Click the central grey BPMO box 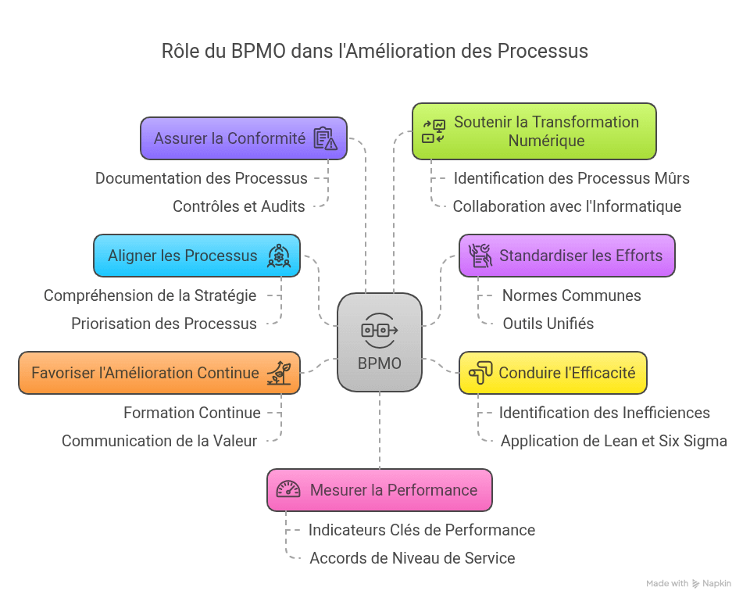379,342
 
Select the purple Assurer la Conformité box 243,138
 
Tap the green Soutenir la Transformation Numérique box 534,131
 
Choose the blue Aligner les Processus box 196,256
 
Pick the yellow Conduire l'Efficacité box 552,373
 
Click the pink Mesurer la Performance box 379,490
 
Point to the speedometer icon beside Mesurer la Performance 288,490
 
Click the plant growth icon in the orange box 279,373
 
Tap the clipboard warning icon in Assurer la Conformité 325,138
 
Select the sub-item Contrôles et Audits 238,206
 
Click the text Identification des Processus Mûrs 571,178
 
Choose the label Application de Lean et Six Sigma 613,441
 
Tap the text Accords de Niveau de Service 412,558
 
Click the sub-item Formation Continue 191,413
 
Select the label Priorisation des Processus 163,324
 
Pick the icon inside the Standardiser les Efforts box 479,256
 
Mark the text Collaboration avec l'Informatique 566,206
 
